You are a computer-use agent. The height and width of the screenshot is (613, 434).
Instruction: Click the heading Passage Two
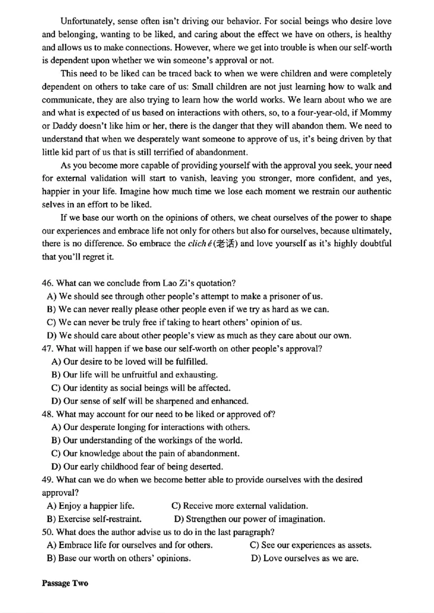tap(65, 583)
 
